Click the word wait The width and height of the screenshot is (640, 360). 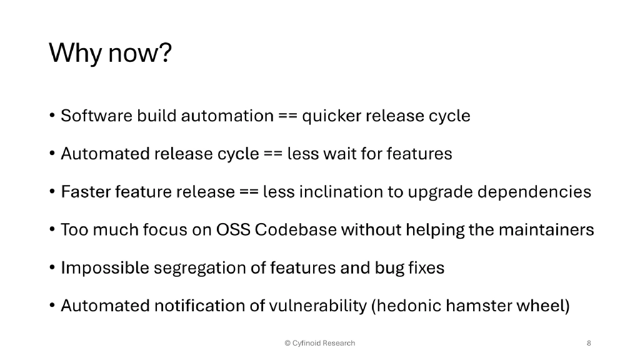click(339, 154)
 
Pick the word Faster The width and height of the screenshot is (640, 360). click(84, 192)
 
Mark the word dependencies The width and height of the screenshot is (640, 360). click(534, 192)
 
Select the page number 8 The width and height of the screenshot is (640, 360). click(589, 343)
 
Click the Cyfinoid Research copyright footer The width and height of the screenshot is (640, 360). click(319, 343)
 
